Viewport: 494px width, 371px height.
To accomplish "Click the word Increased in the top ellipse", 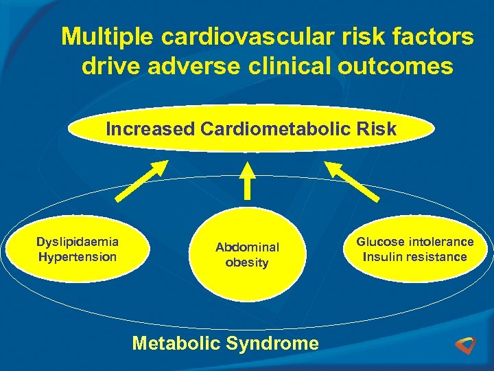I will click(x=149, y=129).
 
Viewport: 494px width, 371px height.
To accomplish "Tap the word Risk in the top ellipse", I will click(x=381, y=129).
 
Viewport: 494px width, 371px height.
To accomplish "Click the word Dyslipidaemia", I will click(x=78, y=242).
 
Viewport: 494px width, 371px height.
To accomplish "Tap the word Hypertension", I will click(x=78, y=257).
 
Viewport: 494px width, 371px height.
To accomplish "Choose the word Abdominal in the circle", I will click(x=248, y=247).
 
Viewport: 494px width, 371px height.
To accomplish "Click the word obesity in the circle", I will click(x=247, y=262).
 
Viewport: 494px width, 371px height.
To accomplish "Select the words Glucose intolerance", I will click(x=414, y=242).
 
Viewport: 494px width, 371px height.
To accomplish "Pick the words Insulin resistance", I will click(x=414, y=257).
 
